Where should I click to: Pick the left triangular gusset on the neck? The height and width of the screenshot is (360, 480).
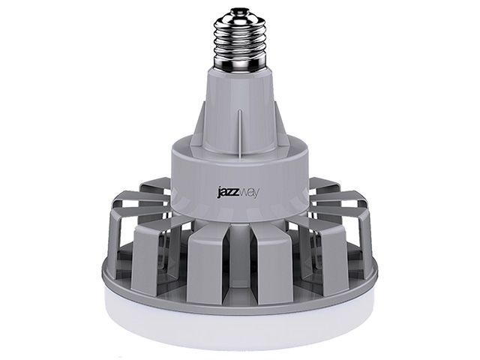[197, 127]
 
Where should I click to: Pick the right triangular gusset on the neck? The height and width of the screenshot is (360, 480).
[283, 127]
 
